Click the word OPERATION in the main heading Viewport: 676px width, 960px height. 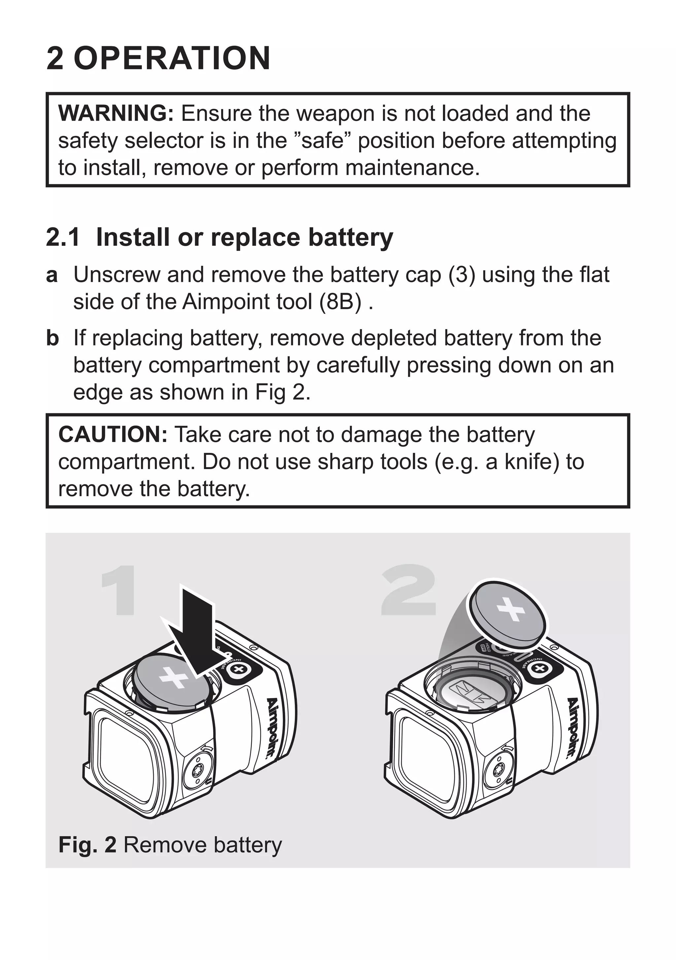point(172,58)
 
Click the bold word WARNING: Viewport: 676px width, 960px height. point(116,114)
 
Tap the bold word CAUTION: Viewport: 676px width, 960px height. point(113,434)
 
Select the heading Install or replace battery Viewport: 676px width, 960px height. point(244,238)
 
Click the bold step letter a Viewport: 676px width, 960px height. point(51,276)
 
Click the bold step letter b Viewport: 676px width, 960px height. point(52,338)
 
